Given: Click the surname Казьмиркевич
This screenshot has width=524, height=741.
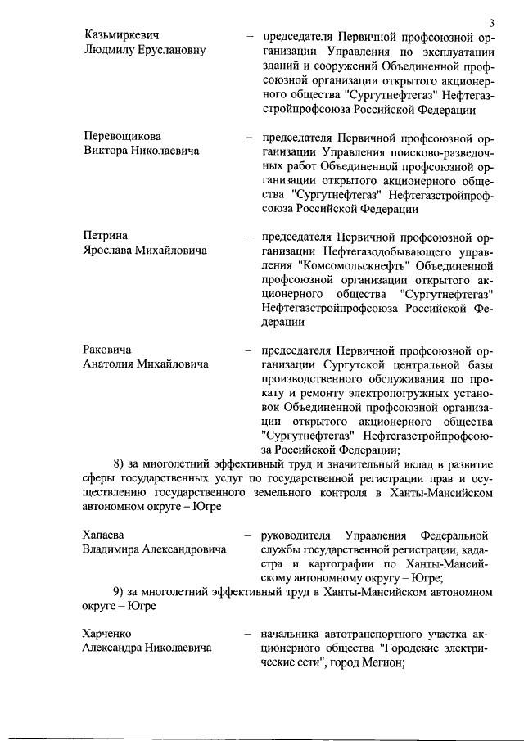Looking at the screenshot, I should (x=121, y=37).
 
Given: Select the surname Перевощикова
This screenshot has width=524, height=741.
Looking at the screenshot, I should (x=123, y=135).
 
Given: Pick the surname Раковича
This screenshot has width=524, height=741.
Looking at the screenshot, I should (x=109, y=350).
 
